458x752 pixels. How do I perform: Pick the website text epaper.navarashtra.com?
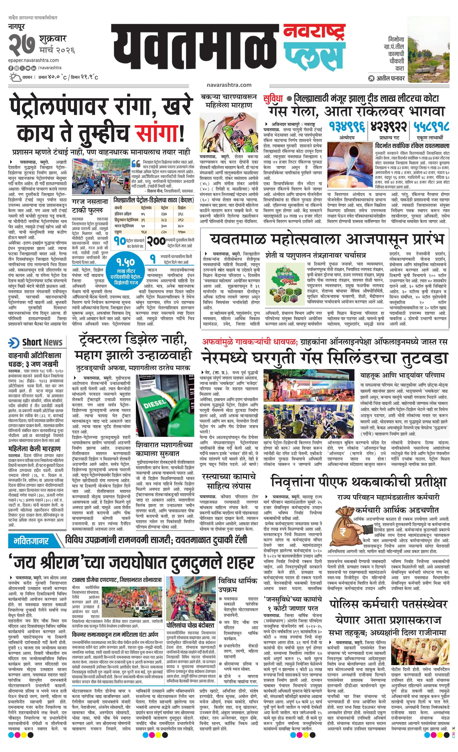pyautogui.click(x=34, y=60)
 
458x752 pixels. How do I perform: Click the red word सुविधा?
pyautogui.click(x=274, y=99)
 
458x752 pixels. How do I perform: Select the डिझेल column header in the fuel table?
pyautogui.click(x=181, y=208)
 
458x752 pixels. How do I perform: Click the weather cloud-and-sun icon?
pyautogui.click(x=15, y=77)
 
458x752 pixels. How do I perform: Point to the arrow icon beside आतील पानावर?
pyautogui.click(x=371, y=78)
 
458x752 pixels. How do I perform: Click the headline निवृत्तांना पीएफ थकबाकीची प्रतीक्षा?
pyautogui.click(x=359, y=482)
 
